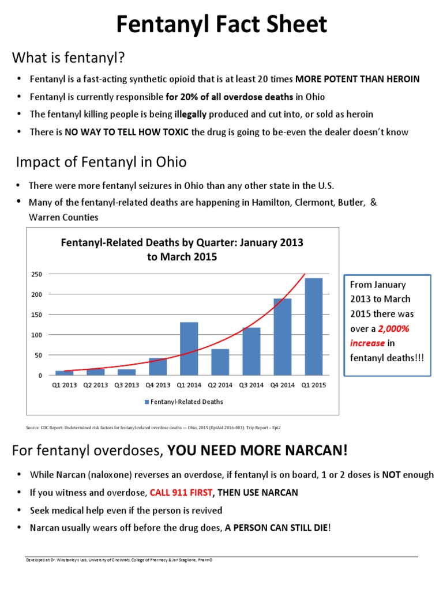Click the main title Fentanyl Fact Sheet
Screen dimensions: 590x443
(221, 25)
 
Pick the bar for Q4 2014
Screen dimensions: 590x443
(283, 337)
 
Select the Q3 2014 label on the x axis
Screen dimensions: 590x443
(251, 385)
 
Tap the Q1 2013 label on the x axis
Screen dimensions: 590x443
(64, 385)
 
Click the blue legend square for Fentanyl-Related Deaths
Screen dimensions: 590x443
(147, 402)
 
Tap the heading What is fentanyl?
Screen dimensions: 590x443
(69, 58)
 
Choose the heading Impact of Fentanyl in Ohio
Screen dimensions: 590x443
(101, 162)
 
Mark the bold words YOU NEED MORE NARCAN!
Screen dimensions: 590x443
(258, 450)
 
